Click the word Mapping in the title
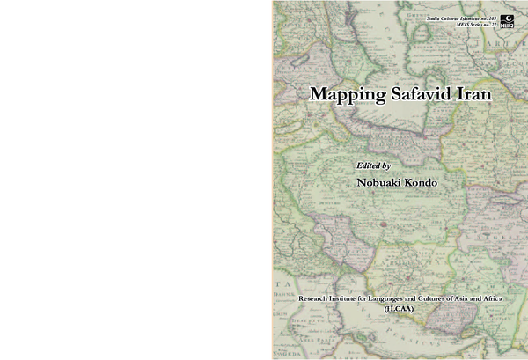[x=338, y=95]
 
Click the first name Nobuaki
[x=379, y=181]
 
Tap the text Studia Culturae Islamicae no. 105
[x=462, y=18]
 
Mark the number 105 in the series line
[x=492, y=18]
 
